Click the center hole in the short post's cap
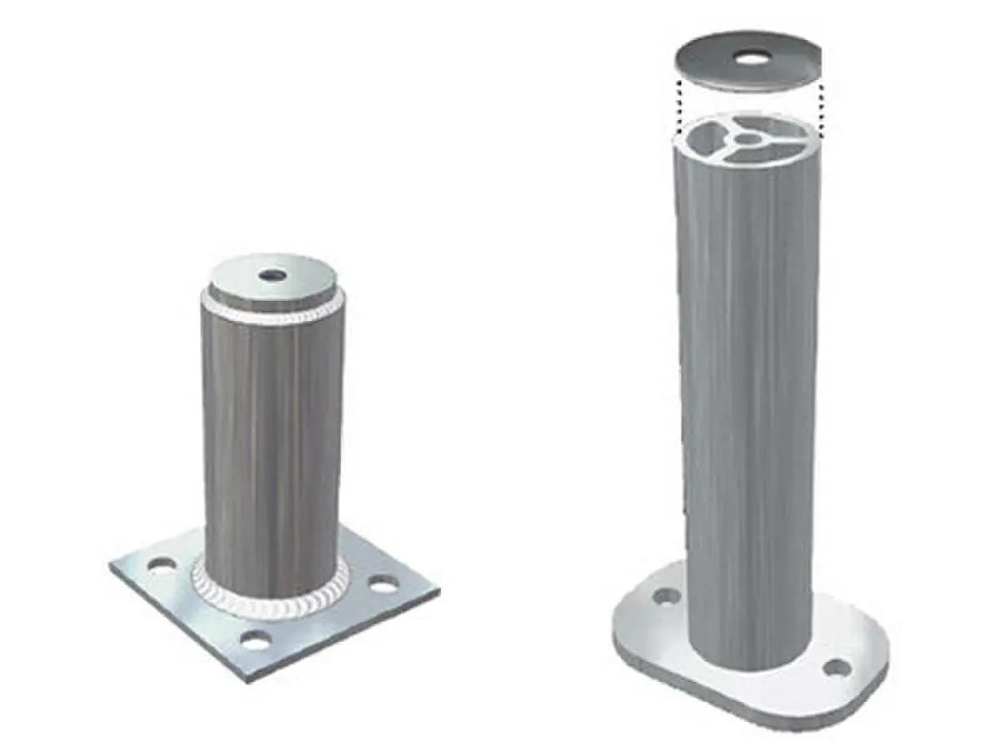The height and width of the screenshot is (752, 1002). tap(271, 275)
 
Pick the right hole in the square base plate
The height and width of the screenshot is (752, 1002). tap(383, 585)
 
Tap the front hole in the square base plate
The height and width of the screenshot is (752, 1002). tap(256, 642)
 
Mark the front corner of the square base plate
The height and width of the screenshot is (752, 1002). tap(250, 679)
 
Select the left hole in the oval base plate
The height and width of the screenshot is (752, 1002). tap(666, 597)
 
